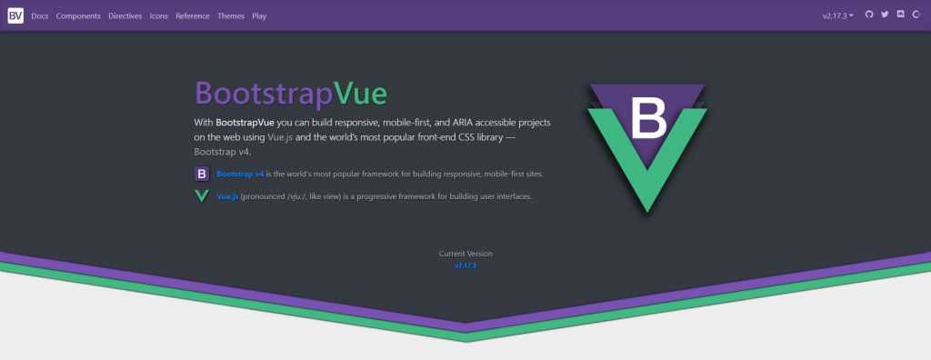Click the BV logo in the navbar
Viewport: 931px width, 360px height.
point(15,15)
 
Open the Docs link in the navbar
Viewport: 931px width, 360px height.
point(40,16)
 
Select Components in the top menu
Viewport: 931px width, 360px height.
point(78,16)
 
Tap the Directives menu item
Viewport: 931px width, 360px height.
point(125,16)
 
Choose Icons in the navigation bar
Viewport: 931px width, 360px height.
point(158,16)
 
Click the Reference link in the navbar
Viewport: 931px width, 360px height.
point(193,16)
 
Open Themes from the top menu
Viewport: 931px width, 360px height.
point(231,16)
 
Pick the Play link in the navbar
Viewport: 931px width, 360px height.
point(259,16)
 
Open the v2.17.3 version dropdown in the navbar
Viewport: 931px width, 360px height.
point(837,16)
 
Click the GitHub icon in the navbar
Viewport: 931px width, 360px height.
point(869,15)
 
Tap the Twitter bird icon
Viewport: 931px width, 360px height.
point(885,15)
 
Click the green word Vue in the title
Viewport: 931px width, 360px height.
point(360,94)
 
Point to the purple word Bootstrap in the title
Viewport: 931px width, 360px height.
point(264,95)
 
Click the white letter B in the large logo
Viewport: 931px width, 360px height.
point(649,118)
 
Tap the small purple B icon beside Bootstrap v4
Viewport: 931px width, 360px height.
point(202,174)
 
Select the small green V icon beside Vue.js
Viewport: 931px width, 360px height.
point(202,196)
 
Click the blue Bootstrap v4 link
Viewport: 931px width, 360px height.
point(240,174)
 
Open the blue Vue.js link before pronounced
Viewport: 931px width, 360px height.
point(227,196)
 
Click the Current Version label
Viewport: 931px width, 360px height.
point(465,254)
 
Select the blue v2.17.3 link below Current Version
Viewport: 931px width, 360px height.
point(465,265)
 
